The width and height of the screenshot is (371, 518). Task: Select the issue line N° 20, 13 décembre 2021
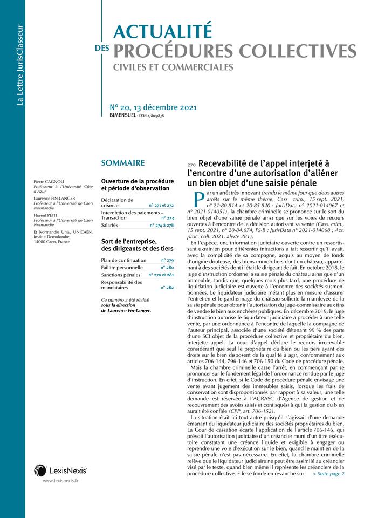[x=153, y=107]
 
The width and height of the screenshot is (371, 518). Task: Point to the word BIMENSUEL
[x=122, y=115]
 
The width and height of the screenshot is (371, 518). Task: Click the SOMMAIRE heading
[x=122, y=162]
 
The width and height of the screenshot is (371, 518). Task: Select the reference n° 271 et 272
[x=162, y=206]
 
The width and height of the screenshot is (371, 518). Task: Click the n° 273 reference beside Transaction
[x=167, y=217]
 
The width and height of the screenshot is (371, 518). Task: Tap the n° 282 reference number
[x=167, y=287]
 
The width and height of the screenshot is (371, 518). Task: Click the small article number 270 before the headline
[x=191, y=165]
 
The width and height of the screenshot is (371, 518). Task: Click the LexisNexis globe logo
[x=40, y=470]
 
